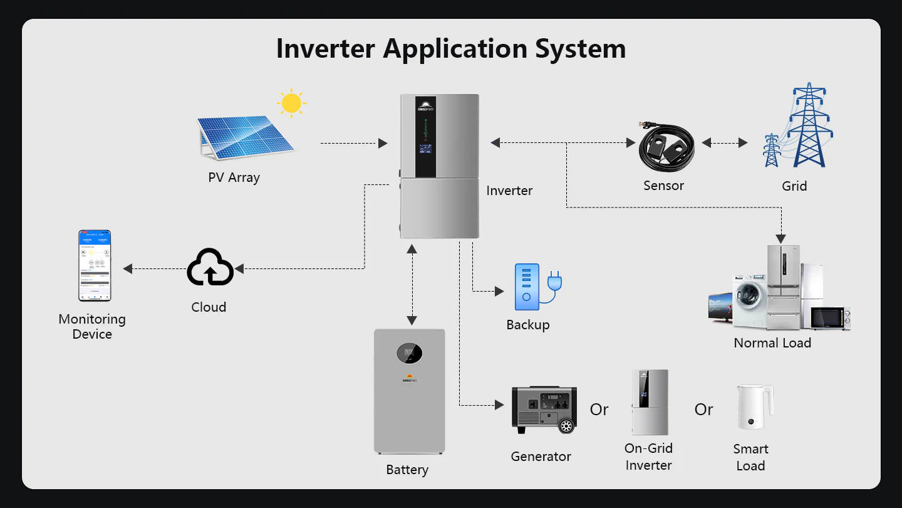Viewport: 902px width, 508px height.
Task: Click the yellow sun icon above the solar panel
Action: click(291, 103)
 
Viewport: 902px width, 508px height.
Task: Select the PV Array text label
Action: click(234, 177)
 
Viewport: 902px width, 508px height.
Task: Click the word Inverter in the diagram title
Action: click(326, 49)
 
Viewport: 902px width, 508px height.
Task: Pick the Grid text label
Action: click(794, 186)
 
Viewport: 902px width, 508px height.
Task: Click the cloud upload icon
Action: click(210, 268)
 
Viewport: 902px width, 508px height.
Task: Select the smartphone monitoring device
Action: click(94, 266)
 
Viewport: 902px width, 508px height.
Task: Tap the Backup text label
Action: click(528, 325)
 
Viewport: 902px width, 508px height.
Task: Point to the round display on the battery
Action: click(409, 354)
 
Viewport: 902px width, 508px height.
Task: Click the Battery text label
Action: click(407, 470)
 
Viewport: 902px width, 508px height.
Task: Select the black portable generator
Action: click(544, 409)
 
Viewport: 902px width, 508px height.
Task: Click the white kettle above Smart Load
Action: click(754, 407)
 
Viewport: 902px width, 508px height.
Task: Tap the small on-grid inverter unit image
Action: click(650, 402)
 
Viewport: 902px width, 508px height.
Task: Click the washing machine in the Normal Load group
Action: click(749, 304)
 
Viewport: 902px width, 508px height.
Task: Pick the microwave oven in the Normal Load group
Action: click(831, 317)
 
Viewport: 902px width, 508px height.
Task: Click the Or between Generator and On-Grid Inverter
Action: click(599, 410)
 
